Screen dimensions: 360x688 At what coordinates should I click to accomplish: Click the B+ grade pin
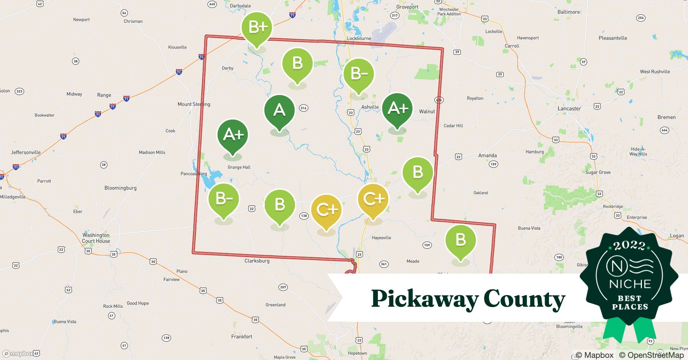[257, 28]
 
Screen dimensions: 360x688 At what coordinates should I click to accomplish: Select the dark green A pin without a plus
[279, 110]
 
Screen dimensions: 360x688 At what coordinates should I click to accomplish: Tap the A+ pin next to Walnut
[397, 108]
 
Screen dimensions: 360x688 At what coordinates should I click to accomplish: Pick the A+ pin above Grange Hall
[233, 135]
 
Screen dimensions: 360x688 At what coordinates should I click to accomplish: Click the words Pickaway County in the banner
[468, 299]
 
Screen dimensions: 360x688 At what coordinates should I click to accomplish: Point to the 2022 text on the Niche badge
[629, 246]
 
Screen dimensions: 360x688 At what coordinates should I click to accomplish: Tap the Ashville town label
[370, 107]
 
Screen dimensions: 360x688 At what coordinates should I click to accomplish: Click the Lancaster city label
[569, 108]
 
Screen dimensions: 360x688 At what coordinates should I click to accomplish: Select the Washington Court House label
[96, 238]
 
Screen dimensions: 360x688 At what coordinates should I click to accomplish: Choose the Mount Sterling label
[194, 104]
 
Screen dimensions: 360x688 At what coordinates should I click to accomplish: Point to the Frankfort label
[242, 337]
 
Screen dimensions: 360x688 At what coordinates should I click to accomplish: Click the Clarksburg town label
[257, 261]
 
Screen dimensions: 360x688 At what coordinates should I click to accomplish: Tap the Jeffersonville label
[26, 152]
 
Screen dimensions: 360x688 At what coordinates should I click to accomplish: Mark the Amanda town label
[487, 156]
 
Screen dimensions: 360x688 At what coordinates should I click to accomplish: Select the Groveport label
[407, 7]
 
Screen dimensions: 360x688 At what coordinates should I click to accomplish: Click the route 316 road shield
[303, 108]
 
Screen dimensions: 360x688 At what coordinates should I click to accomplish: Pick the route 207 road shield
[283, 287]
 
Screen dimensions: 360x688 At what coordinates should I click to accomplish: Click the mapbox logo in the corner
[18, 354]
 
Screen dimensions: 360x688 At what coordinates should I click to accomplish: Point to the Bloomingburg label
[120, 188]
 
